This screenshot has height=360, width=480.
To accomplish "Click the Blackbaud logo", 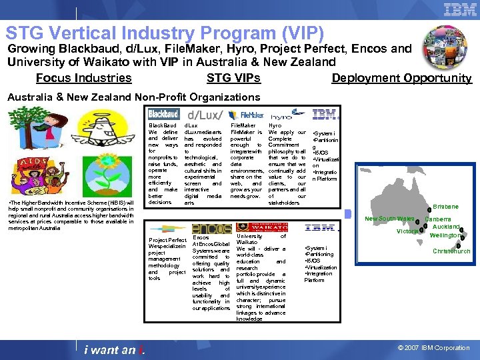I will pos(163,114).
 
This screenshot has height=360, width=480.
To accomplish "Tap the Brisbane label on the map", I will pos(446,207).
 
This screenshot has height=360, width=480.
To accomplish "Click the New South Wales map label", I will pos(389,219).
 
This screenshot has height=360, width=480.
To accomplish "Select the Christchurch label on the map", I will pos(451,251).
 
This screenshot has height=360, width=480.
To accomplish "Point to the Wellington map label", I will pos(445,235).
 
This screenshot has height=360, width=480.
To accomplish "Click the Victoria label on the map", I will pos(407,231).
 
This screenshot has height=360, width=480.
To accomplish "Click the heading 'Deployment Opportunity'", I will pos(401,78).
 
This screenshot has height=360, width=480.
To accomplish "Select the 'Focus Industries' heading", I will pos(83,78).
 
